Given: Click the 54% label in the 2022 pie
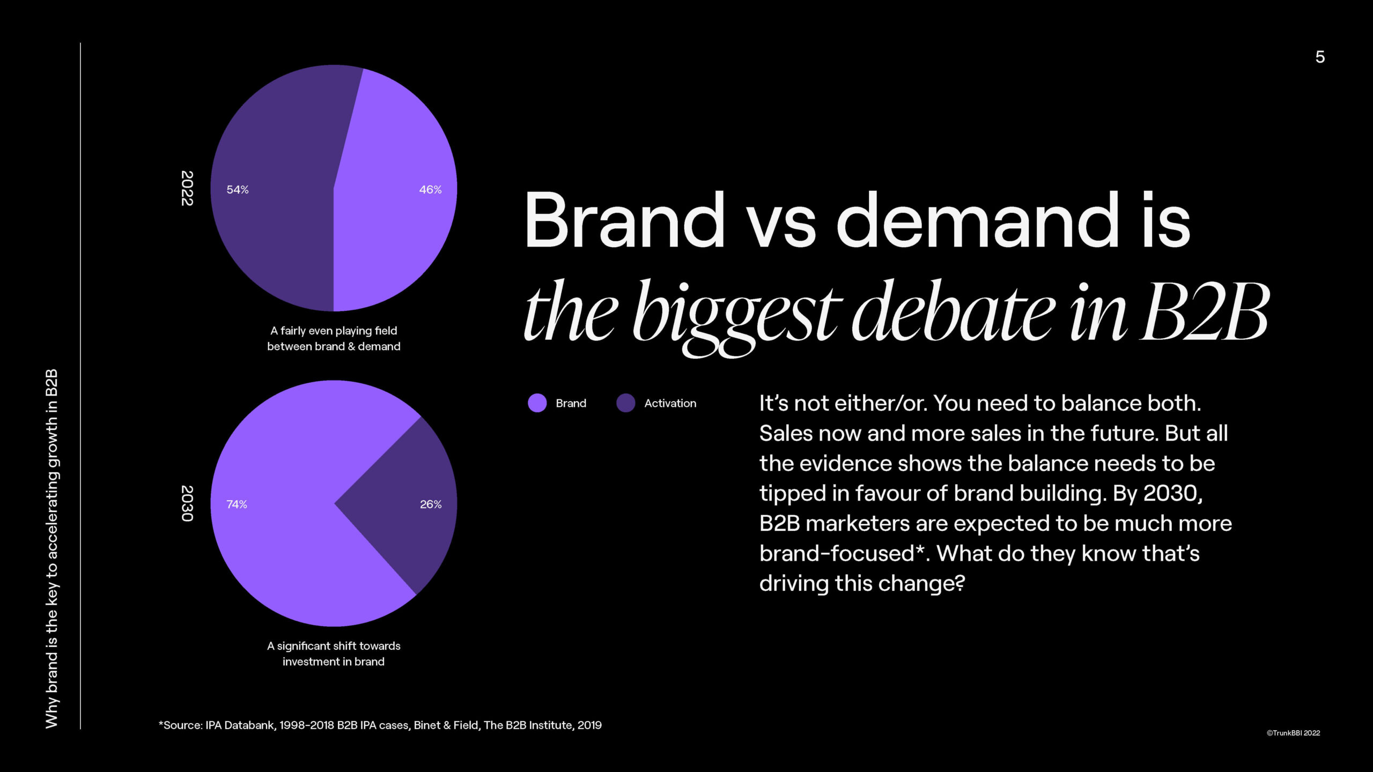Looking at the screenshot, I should (237, 190).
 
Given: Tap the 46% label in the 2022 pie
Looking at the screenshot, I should (430, 190).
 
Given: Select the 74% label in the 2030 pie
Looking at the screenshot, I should (237, 504).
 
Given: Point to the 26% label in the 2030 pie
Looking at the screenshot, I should (431, 504).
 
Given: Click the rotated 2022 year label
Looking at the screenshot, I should (187, 188).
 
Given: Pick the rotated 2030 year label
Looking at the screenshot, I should (187, 503).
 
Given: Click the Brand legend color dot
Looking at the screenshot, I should (537, 403).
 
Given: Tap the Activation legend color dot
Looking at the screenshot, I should (625, 403).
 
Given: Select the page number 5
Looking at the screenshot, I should (1320, 57).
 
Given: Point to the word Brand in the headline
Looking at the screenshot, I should (624, 221).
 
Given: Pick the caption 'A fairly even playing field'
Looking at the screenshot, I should (334, 331).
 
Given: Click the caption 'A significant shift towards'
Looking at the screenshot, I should (334, 646).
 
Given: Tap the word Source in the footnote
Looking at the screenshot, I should (182, 725).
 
